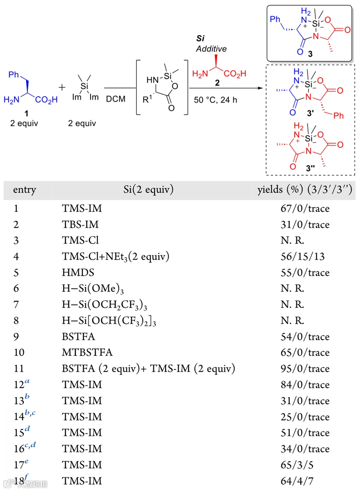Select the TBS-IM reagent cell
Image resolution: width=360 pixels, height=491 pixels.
pyautogui.click(x=77, y=225)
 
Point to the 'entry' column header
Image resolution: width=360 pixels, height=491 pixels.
pyautogui.click(x=25, y=190)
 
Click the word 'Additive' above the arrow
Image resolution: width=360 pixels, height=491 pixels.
pyautogui.click(x=211, y=49)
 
